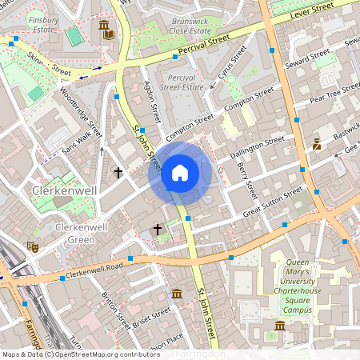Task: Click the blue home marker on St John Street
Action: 180,173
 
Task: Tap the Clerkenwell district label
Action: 64,190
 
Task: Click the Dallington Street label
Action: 257,145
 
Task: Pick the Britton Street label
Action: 115,311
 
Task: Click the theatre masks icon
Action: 32,246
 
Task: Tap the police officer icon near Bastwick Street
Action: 317,144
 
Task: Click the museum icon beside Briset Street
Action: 176,295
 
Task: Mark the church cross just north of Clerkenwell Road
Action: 157,230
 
